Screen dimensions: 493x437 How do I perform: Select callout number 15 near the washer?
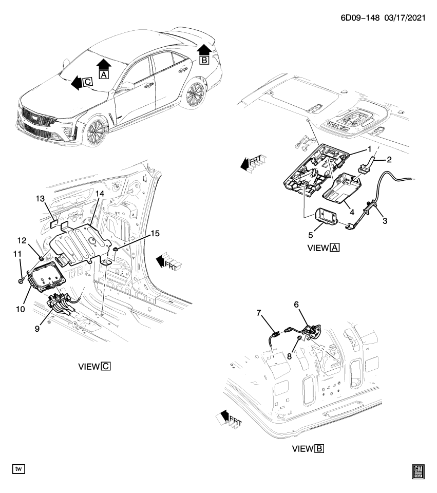[x=155, y=233]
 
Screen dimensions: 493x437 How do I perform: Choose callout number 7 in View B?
[x=259, y=313]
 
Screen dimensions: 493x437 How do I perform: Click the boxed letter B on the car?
[x=204, y=60]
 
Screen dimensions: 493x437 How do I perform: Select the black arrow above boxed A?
[x=104, y=64]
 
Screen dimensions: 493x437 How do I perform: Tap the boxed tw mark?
[x=18, y=469]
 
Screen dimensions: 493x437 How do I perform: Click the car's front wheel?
[x=96, y=132]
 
